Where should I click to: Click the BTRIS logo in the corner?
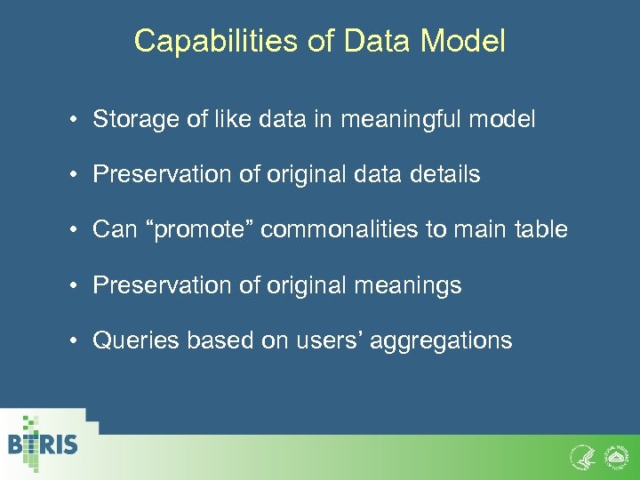click(43, 442)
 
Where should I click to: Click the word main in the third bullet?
click(476, 229)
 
